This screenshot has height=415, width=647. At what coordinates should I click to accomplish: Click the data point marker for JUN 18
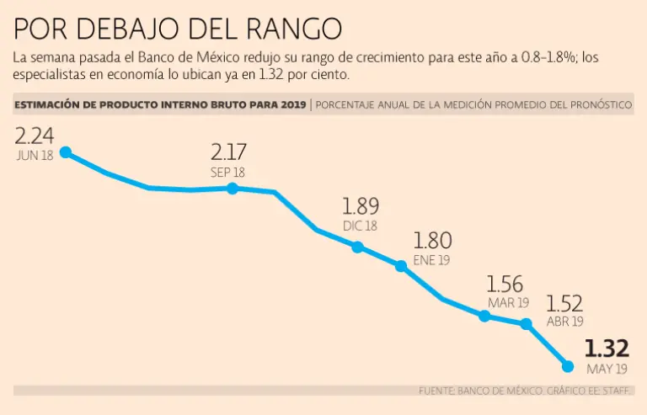point(65,152)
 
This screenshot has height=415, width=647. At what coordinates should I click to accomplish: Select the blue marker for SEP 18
point(233,189)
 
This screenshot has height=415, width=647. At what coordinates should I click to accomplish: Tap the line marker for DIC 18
point(358,247)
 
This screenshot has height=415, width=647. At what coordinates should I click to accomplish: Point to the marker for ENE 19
point(401,265)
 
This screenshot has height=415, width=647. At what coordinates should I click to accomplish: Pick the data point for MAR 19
point(484,317)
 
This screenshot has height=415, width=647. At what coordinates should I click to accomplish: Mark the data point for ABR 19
point(527,323)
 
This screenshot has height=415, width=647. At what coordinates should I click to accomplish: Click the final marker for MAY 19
point(568,366)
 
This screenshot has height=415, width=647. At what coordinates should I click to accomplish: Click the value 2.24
point(34,137)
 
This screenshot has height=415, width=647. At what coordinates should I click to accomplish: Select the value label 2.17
point(228,152)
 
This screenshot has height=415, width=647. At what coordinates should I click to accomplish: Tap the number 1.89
point(361,206)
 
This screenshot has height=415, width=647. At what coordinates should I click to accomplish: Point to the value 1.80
point(432,241)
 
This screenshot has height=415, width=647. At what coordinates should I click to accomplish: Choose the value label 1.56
point(505,285)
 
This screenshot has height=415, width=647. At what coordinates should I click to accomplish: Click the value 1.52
point(564,303)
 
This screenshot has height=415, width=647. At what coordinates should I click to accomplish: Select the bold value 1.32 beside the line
point(607,348)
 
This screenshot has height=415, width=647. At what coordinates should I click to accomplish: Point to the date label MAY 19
point(606,370)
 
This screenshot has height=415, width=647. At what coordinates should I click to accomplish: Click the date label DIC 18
point(361,226)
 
